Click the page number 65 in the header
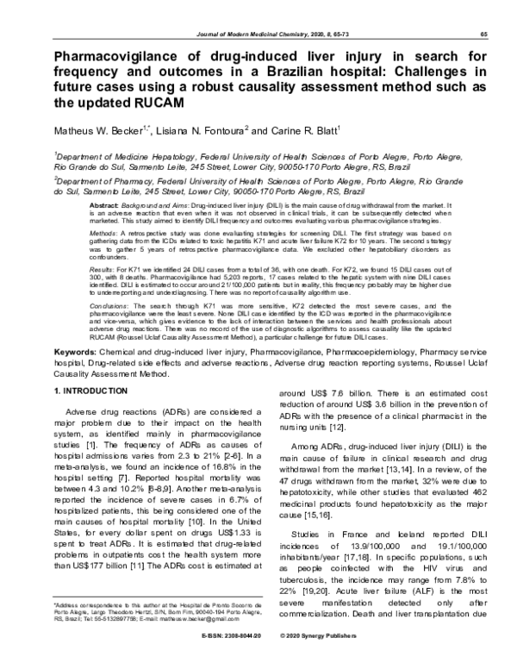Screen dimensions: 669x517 tap(485, 34)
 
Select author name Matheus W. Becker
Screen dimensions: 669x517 tap(97, 130)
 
